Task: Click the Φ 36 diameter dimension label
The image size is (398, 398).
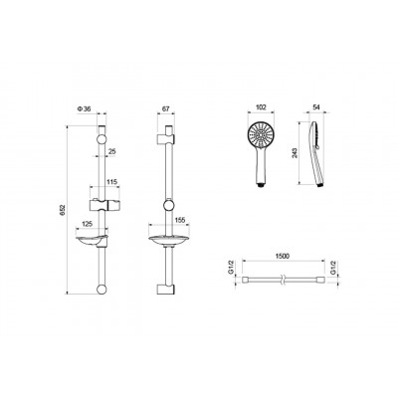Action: (x=85, y=108)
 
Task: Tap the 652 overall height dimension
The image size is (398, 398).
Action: (x=64, y=210)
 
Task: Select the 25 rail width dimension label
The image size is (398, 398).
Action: (x=112, y=151)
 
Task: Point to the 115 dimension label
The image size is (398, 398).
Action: (x=111, y=182)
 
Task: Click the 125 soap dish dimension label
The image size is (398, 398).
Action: (x=87, y=224)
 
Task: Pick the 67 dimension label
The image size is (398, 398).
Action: (x=166, y=108)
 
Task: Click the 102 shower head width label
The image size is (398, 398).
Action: (x=262, y=107)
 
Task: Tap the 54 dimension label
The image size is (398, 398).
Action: (x=316, y=107)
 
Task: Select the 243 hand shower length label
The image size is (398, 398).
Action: (x=296, y=152)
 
